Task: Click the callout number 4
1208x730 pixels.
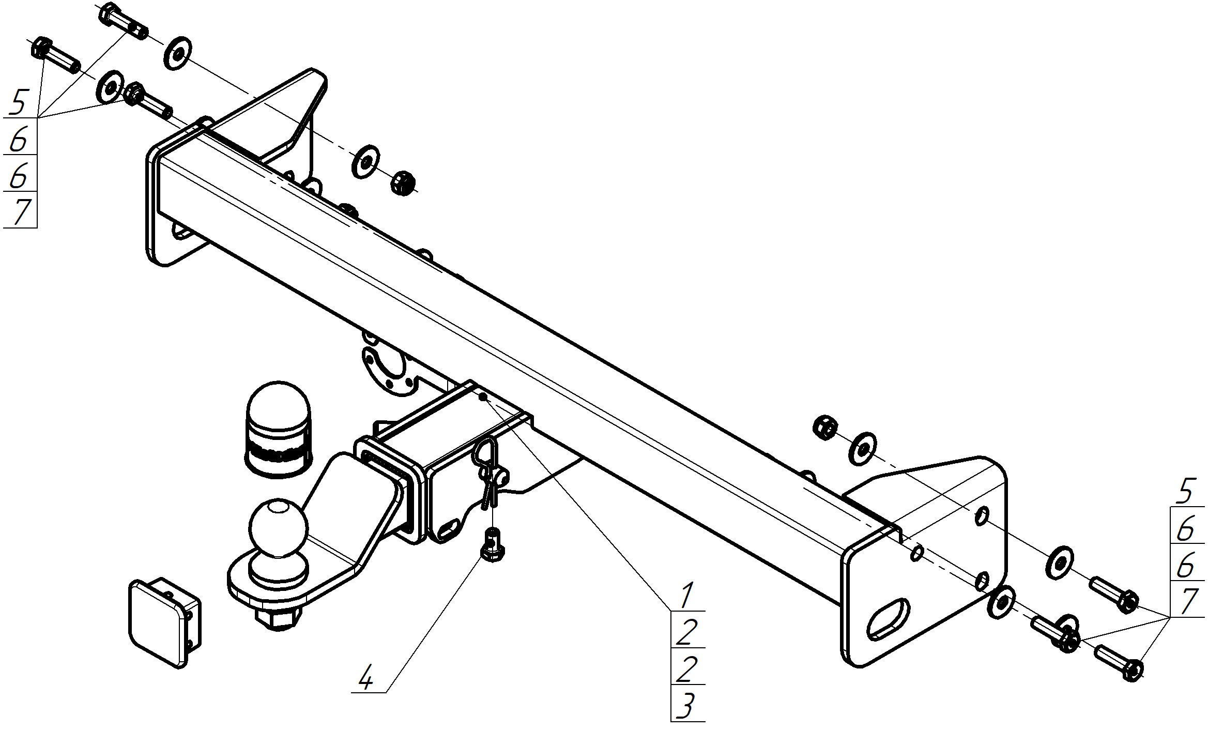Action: tap(366, 678)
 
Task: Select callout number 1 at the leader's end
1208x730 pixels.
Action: tap(685, 596)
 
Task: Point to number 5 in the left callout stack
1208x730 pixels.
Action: tap(18, 102)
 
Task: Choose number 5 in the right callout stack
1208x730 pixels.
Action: tap(1187, 491)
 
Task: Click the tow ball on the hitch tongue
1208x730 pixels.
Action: tap(279, 528)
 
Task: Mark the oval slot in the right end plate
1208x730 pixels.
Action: tap(888, 619)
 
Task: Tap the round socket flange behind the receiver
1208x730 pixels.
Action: tap(388, 371)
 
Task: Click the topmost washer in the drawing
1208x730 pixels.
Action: tap(177, 53)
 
